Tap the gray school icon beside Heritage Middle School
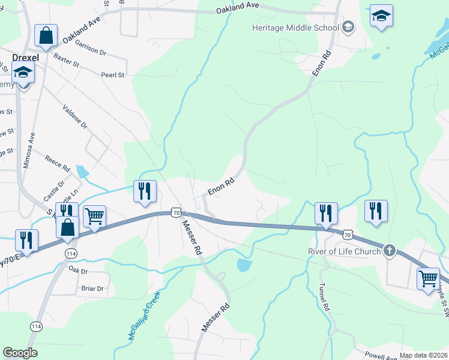348,28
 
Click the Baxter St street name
66,61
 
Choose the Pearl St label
112,75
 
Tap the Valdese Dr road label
75,118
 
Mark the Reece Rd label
58,164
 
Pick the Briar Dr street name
92,289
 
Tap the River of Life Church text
344,251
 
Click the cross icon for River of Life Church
389,250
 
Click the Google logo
20,353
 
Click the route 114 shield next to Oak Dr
71,254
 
